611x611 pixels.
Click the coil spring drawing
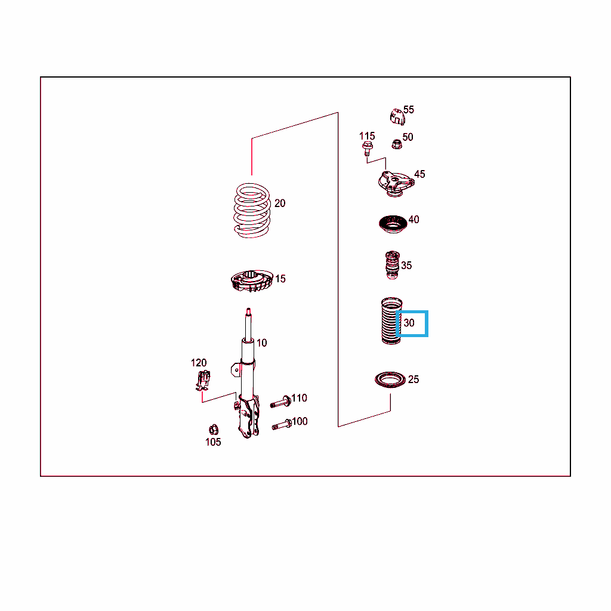point(252,211)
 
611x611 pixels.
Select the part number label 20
point(280,203)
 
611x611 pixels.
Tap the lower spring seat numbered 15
point(252,280)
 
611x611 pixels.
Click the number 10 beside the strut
point(261,343)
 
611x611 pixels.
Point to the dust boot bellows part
point(391,321)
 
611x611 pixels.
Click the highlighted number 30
point(409,323)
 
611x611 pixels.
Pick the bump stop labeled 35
point(393,265)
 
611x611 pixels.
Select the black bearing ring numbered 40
point(393,224)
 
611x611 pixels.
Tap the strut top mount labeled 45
point(396,184)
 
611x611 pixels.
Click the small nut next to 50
point(397,144)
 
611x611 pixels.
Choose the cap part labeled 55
point(397,117)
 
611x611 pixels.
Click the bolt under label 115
point(367,149)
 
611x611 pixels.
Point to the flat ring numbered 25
point(390,380)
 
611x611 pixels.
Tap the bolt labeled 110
point(280,402)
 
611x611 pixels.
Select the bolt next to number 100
point(282,424)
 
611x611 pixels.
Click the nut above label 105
point(214,430)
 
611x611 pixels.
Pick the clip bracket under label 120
point(203,380)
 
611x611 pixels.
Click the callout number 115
point(367,136)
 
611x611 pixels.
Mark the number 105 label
point(213,442)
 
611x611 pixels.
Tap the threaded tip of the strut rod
point(248,311)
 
